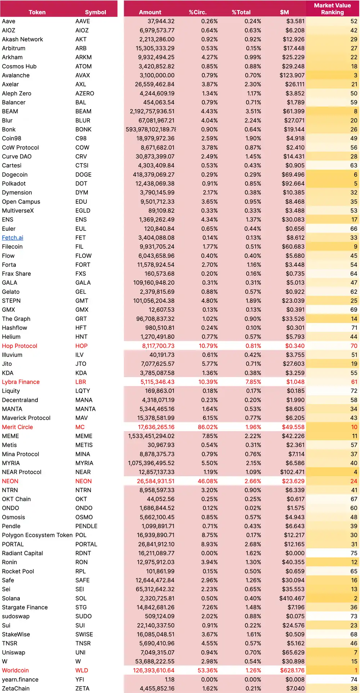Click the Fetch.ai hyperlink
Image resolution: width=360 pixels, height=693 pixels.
(x=13, y=238)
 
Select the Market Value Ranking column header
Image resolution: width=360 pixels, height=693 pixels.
(x=332, y=9)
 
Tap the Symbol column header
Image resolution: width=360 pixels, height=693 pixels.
(x=95, y=12)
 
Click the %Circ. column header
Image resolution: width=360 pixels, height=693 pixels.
(x=198, y=12)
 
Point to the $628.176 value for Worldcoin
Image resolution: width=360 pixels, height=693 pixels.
(x=292, y=670)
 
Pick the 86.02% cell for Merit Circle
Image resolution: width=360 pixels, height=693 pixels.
(x=208, y=427)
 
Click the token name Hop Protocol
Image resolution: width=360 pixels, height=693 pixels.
(x=19, y=346)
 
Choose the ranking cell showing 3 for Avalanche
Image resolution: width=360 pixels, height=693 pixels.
(x=355, y=75)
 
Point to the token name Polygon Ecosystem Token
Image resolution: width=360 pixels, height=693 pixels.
(x=37, y=535)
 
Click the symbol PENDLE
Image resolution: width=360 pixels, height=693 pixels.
(x=86, y=526)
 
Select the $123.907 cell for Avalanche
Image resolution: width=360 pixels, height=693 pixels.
(x=292, y=75)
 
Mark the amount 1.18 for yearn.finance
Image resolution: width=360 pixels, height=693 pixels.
(x=170, y=679)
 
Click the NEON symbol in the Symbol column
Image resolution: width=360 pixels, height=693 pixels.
(x=84, y=481)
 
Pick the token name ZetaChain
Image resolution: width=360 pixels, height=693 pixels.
(x=16, y=688)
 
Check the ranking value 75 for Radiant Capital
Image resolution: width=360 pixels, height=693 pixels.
(x=354, y=553)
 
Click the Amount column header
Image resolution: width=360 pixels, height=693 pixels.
(x=150, y=12)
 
